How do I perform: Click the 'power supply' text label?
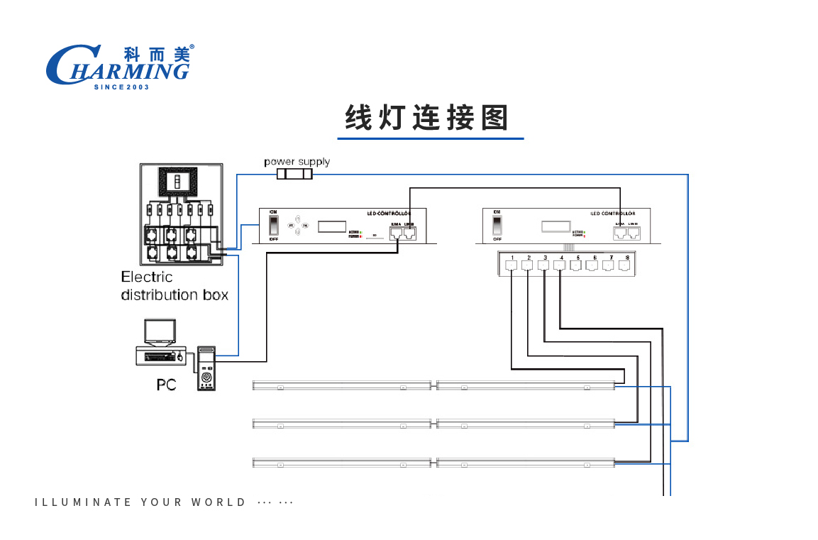pos(297,162)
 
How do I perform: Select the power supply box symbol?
pos(294,175)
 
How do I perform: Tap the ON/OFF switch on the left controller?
pos(273,226)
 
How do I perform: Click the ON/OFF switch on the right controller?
pos(497,226)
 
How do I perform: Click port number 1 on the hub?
pos(512,265)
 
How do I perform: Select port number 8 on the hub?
pos(625,265)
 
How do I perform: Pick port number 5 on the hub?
pos(576,265)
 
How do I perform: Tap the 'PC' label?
pos(166,385)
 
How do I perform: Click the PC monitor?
pos(159,331)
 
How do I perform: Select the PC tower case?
pos(206,368)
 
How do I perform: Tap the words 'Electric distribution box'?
pos(175,286)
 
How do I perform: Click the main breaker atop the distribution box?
pos(178,182)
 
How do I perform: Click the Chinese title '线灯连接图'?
pos(427,118)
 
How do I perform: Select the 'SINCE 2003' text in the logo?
pos(121,87)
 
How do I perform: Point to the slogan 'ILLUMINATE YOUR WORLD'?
pos(140,502)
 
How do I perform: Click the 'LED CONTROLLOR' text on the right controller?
pos(613,213)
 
